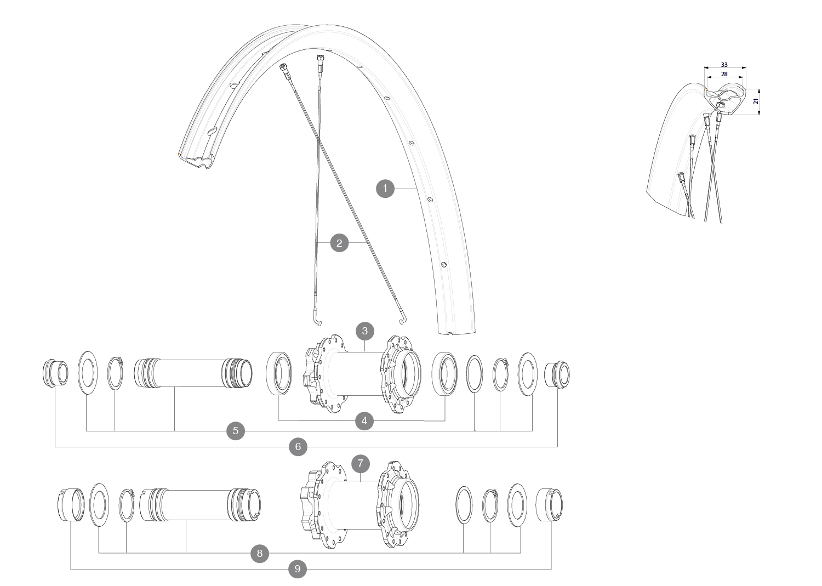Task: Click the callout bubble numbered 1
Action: [385, 189]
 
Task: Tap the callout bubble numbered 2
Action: [339, 242]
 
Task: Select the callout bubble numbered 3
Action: [364, 331]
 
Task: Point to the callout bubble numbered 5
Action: [236, 431]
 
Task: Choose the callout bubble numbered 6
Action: [298, 447]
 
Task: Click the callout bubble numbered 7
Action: [360, 464]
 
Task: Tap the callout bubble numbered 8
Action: [259, 553]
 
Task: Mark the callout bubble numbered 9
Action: [298, 569]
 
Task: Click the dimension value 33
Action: [724, 65]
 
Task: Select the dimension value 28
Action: [724, 74]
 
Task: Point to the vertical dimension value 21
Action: [756, 101]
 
